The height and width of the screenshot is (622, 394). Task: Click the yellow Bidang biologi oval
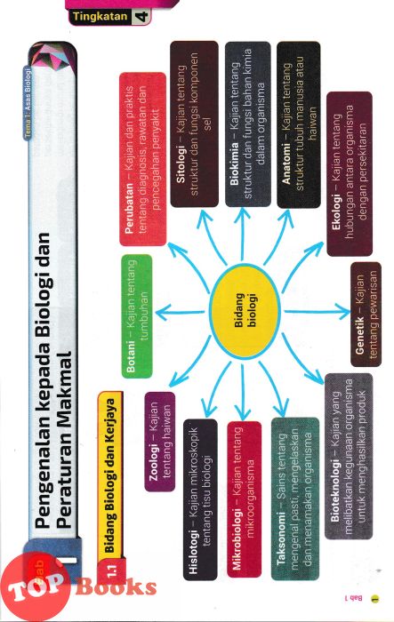pyautogui.click(x=245, y=312)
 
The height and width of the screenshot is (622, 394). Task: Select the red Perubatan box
pyautogui.click(x=142, y=159)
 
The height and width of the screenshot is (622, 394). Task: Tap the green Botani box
pyautogui.click(x=136, y=316)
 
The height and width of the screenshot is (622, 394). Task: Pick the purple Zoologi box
pyautogui.click(x=160, y=442)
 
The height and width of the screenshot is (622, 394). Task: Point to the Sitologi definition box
pyautogui.click(x=194, y=124)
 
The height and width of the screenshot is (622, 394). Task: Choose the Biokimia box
pyautogui.click(x=248, y=124)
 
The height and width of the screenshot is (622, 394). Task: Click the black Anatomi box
pyautogui.click(x=298, y=125)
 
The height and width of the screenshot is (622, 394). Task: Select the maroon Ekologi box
pyautogui.click(x=350, y=174)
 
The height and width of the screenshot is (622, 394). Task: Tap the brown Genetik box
pyautogui.click(x=366, y=315)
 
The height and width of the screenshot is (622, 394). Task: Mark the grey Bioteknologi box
pyautogui.click(x=349, y=456)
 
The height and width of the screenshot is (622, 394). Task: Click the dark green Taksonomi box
pyautogui.click(x=294, y=498)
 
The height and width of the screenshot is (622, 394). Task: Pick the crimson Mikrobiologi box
pyautogui.click(x=244, y=499)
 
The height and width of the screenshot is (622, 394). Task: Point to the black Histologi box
pyautogui.click(x=200, y=499)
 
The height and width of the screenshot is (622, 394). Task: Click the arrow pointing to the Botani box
pyautogui.click(x=180, y=313)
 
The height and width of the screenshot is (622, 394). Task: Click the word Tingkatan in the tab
pyautogui.click(x=101, y=17)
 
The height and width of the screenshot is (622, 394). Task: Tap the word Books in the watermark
pyautogui.click(x=116, y=587)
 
